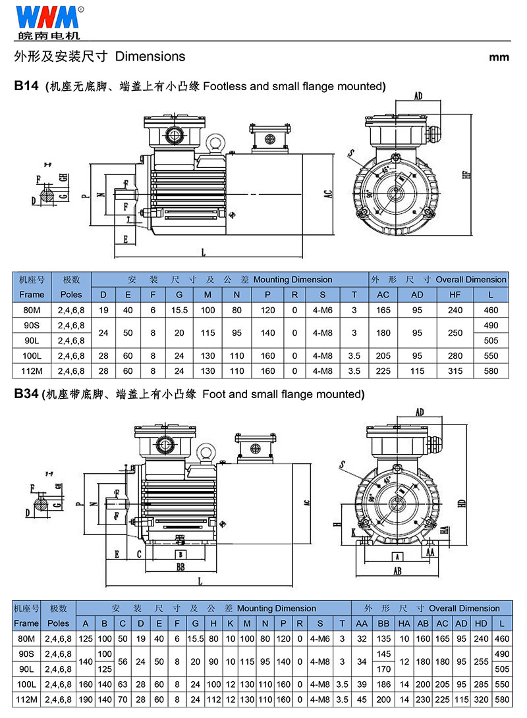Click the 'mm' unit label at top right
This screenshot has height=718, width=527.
(499, 57)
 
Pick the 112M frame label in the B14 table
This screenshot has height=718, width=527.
(32, 371)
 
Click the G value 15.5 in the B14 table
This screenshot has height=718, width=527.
(179, 309)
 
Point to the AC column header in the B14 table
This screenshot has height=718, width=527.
(382, 294)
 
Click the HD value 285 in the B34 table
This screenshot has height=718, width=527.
(481, 684)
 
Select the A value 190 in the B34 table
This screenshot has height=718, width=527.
(86, 700)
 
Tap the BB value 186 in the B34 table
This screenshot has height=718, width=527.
(385, 684)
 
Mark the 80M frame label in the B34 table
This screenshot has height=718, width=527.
(26, 638)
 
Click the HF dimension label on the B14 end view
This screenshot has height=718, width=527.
(466, 174)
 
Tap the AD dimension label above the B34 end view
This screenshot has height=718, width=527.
(420, 413)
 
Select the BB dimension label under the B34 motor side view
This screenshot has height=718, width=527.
(180, 566)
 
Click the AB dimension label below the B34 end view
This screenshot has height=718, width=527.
(397, 571)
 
